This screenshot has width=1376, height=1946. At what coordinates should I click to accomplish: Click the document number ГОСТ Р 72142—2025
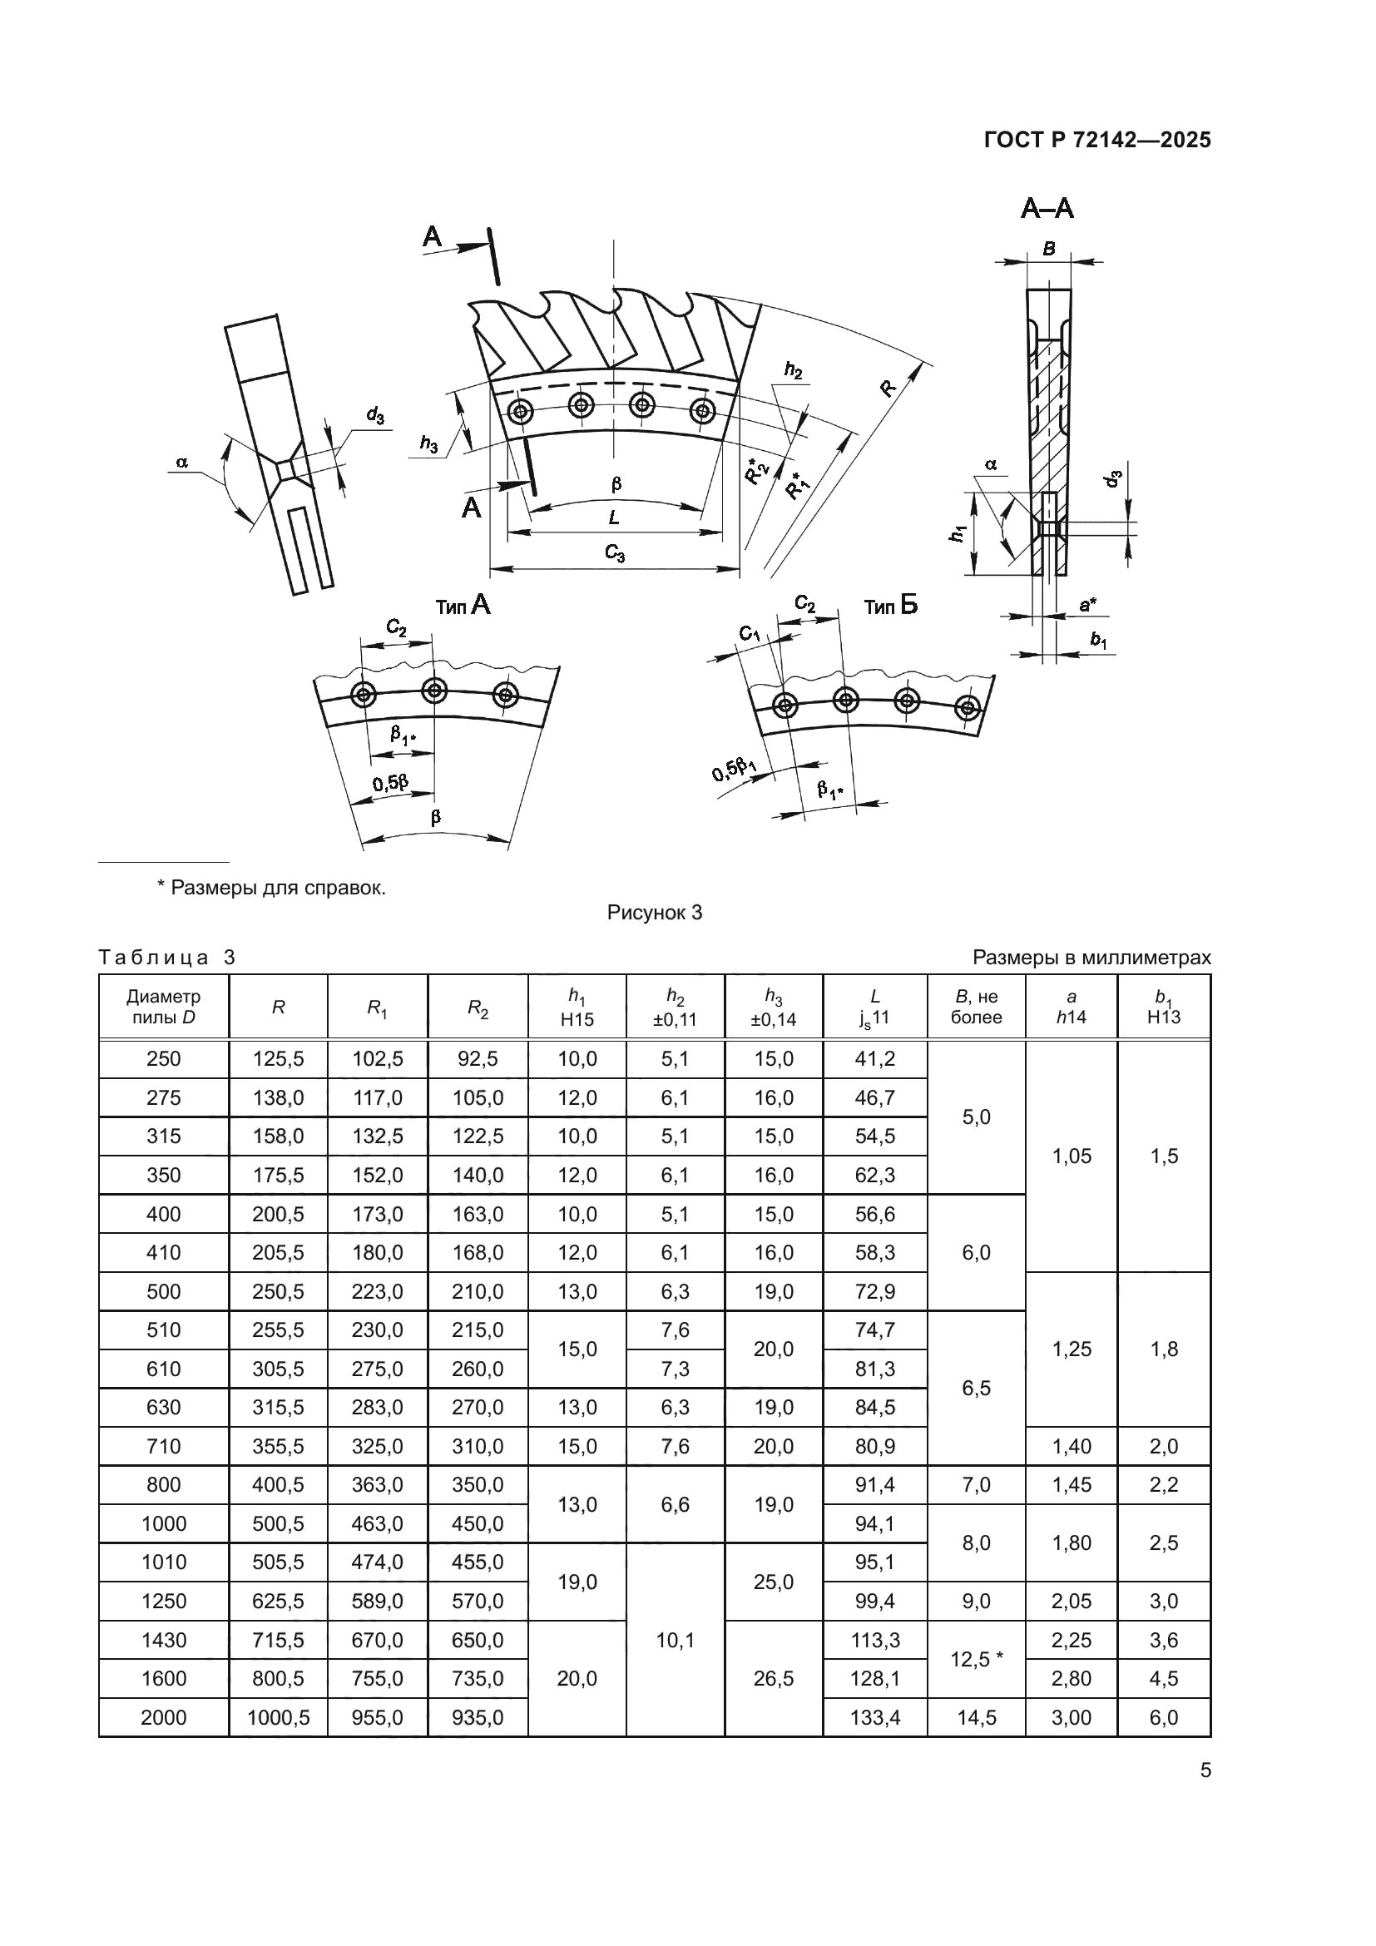pyautogui.click(x=1097, y=140)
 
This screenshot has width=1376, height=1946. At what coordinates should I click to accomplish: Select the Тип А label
pyautogui.click(x=463, y=605)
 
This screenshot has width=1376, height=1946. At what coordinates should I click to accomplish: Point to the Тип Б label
pyautogui.click(x=890, y=606)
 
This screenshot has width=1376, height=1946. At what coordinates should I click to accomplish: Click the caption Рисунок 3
pyautogui.click(x=654, y=913)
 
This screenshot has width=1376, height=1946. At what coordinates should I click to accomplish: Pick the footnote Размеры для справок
pyautogui.click(x=271, y=888)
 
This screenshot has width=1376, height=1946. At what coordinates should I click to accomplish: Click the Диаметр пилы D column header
pyautogui.click(x=164, y=1007)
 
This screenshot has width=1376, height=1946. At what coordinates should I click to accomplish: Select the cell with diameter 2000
pyautogui.click(x=164, y=1717)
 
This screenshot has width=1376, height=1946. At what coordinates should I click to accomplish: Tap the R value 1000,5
pyautogui.click(x=278, y=1717)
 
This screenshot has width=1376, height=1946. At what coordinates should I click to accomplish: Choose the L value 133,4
pyautogui.click(x=874, y=1717)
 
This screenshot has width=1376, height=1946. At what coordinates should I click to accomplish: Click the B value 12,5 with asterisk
pyautogui.click(x=976, y=1659)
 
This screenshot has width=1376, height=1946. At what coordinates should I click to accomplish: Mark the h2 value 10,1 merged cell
pyautogui.click(x=676, y=1640)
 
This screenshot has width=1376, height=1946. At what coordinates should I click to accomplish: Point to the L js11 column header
pyautogui.click(x=874, y=1007)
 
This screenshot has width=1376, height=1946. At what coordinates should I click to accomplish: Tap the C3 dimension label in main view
pyautogui.click(x=614, y=554)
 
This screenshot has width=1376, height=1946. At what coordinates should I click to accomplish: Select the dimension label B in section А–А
pyautogui.click(x=1049, y=250)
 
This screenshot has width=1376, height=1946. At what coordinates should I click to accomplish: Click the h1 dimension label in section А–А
pyautogui.click(x=959, y=533)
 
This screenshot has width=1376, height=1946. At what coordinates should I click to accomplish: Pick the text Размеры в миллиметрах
pyautogui.click(x=1091, y=958)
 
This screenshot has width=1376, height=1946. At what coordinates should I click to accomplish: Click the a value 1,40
pyautogui.click(x=1071, y=1446)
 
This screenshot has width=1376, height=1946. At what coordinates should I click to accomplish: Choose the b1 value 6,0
pyautogui.click(x=1163, y=1717)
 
